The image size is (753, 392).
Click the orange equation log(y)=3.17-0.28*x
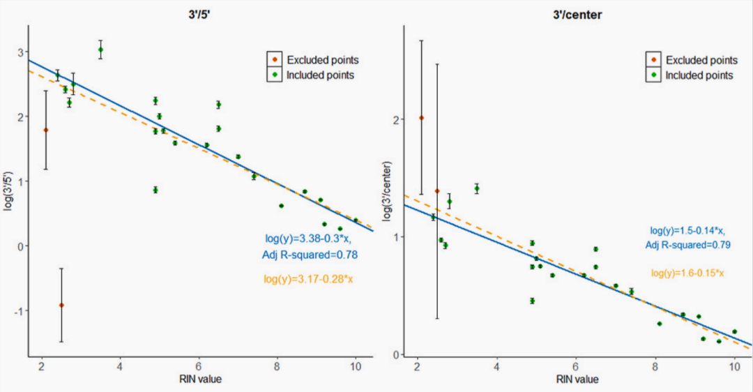point(308,279)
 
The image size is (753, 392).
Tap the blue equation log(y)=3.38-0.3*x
point(308,238)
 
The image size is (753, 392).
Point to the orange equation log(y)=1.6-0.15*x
point(687,273)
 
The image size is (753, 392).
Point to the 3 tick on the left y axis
point(21,52)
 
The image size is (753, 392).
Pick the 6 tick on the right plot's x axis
point(575,367)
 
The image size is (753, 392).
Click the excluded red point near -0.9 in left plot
point(61,305)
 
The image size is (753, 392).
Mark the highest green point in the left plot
point(100,50)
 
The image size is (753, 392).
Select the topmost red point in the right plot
point(421,118)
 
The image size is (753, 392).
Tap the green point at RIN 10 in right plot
point(734,331)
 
